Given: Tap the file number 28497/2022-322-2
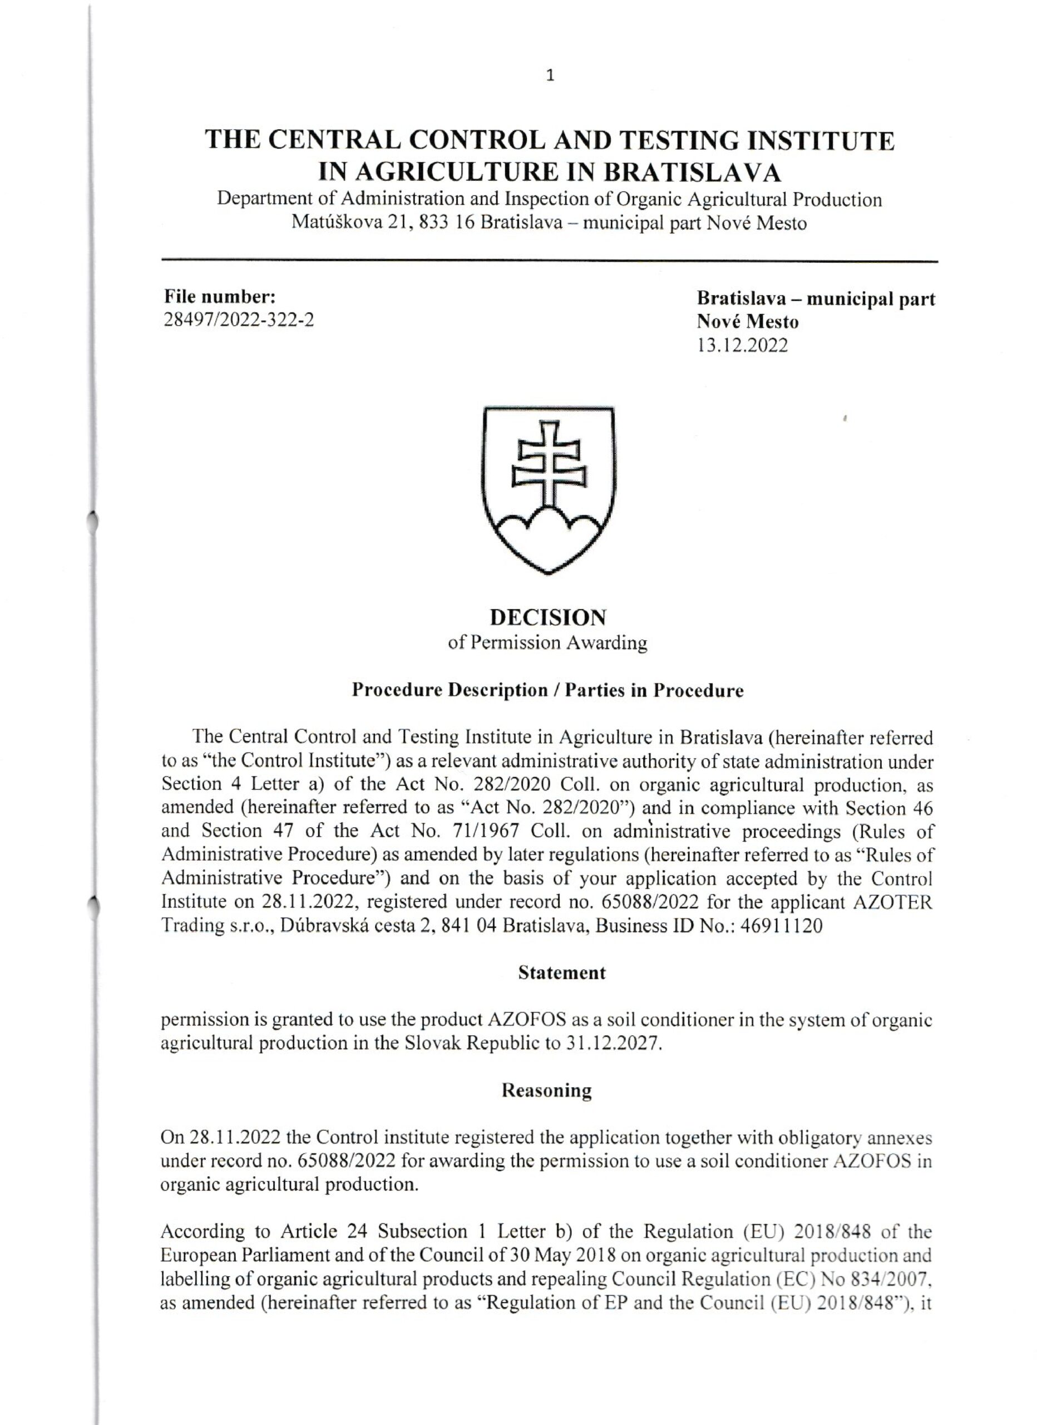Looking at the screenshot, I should click(x=239, y=321).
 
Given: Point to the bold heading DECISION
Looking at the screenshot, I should click(x=549, y=618).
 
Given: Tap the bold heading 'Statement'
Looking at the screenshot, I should click(x=561, y=973).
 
